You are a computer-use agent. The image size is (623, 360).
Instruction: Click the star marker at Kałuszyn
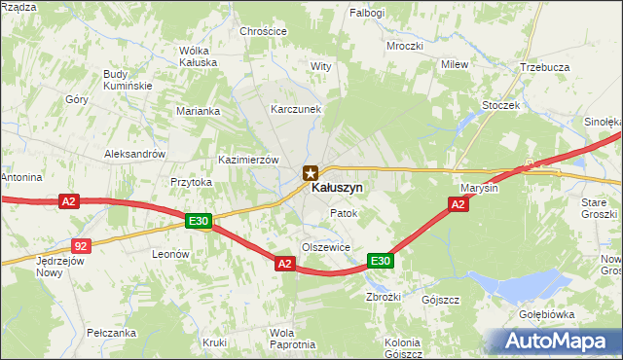click(310, 173)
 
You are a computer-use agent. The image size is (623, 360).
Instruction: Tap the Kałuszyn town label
click(338, 187)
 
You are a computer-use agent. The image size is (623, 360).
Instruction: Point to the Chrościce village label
click(264, 31)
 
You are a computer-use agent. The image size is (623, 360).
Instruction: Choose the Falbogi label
click(369, 13)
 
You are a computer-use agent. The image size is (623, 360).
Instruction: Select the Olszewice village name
click(325, 247)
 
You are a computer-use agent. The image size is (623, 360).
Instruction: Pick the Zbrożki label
click(384, 297)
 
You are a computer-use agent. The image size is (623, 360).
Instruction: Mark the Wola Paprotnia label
click(292, 339)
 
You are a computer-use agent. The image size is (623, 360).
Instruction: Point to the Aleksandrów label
click(134, 155)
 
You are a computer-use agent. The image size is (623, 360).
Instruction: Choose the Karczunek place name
click(296, 109)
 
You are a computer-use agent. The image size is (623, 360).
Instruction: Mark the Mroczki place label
click(404, 46)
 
